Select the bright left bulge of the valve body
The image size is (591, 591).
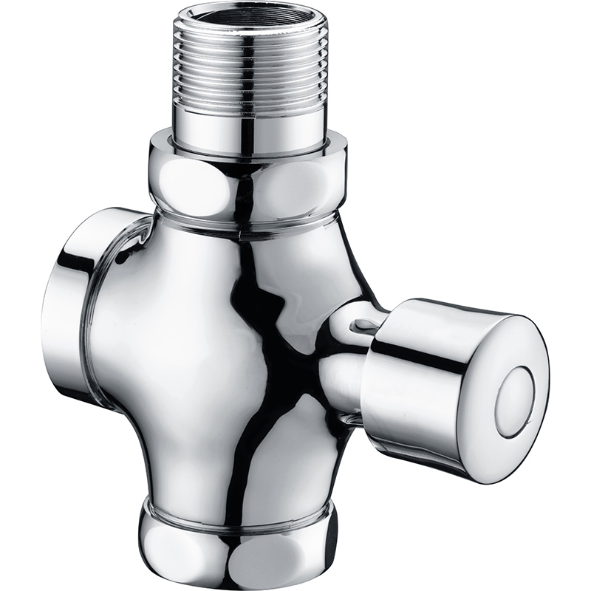click(x=148, y=332)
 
